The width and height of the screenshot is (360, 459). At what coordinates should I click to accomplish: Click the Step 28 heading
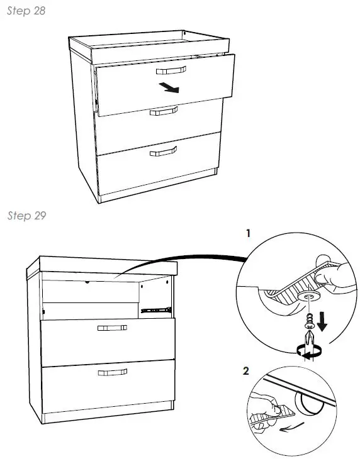tap(26, 12)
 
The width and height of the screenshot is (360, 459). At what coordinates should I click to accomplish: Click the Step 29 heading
tap(26, 216)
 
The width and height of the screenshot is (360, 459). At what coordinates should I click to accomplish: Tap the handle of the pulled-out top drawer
tap(171, 70)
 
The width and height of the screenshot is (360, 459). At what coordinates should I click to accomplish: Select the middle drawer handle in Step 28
tap(164, 111)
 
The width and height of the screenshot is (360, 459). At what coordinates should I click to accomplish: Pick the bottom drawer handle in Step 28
tap(163, 151)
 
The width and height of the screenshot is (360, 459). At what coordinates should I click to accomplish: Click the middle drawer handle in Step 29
tap(112, 328)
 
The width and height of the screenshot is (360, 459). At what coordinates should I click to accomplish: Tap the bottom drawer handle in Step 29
tap(112, 373)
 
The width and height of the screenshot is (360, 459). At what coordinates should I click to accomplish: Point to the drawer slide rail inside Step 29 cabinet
tap(155, 309)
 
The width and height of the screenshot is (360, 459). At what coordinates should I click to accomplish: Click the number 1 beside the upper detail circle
tap(249, 233)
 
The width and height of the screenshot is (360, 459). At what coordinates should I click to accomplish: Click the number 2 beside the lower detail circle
tap(245, 369)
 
